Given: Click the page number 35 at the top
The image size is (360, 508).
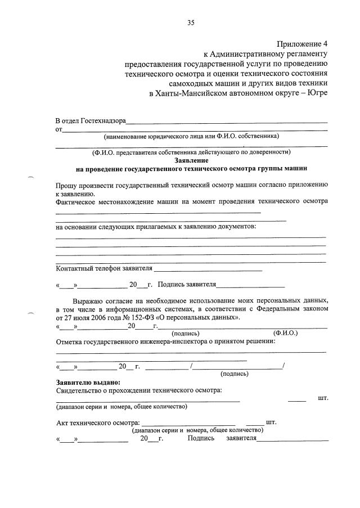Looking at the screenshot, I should pos(191,23).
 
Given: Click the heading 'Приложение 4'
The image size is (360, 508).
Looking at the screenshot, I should pos(301,44).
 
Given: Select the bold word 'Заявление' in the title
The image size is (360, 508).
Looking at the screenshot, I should pos(192,160).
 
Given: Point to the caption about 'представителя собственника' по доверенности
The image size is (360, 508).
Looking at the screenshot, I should pos(191,152).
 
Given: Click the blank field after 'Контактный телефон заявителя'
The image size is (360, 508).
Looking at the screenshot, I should pos(208,269).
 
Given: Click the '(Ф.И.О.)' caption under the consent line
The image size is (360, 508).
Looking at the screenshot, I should pos(285,333).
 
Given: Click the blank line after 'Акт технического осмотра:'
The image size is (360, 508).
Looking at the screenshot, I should pos(188,423).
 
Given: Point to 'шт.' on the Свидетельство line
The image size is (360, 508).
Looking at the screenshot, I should pos(323,398).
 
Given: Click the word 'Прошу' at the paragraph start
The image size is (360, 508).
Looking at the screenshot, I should pos(67,185).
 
